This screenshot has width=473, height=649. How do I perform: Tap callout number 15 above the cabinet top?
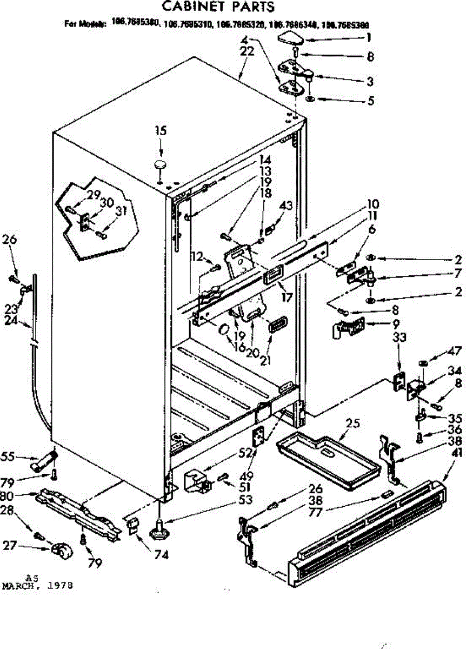pyautogui.click(x=160, y=131)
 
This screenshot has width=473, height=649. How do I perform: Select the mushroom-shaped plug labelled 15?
pyautogui.click(x=159, y=163)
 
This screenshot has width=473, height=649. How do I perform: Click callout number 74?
pyautogui.click(x=146, y=554)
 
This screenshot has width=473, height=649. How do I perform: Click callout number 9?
pyautogui.click(x=396, y=324)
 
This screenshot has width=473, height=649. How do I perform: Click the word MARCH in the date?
pyautogui.click(x=21, y=586)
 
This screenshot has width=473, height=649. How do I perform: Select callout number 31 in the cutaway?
pyautogui.click(x=121, y=211)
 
